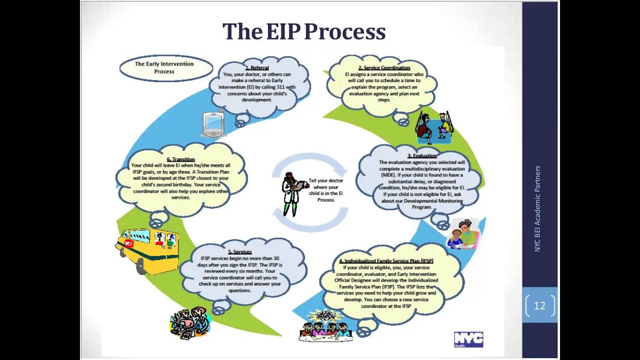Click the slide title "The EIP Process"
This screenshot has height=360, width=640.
(x=304, y=31)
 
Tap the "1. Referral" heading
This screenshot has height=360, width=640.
(x=257, y=67)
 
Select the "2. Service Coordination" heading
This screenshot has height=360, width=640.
(x=384, y=67)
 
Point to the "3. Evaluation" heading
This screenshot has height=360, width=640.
(x=421, y=156)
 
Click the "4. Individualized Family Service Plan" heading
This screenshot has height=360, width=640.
(x=386, y=261)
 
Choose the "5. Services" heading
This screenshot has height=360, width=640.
(x=240, y=252)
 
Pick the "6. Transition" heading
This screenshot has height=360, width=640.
(x=180, y=159)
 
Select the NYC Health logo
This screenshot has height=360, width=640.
(x=468, y=339)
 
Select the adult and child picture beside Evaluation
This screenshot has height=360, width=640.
(x=463, y=234)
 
